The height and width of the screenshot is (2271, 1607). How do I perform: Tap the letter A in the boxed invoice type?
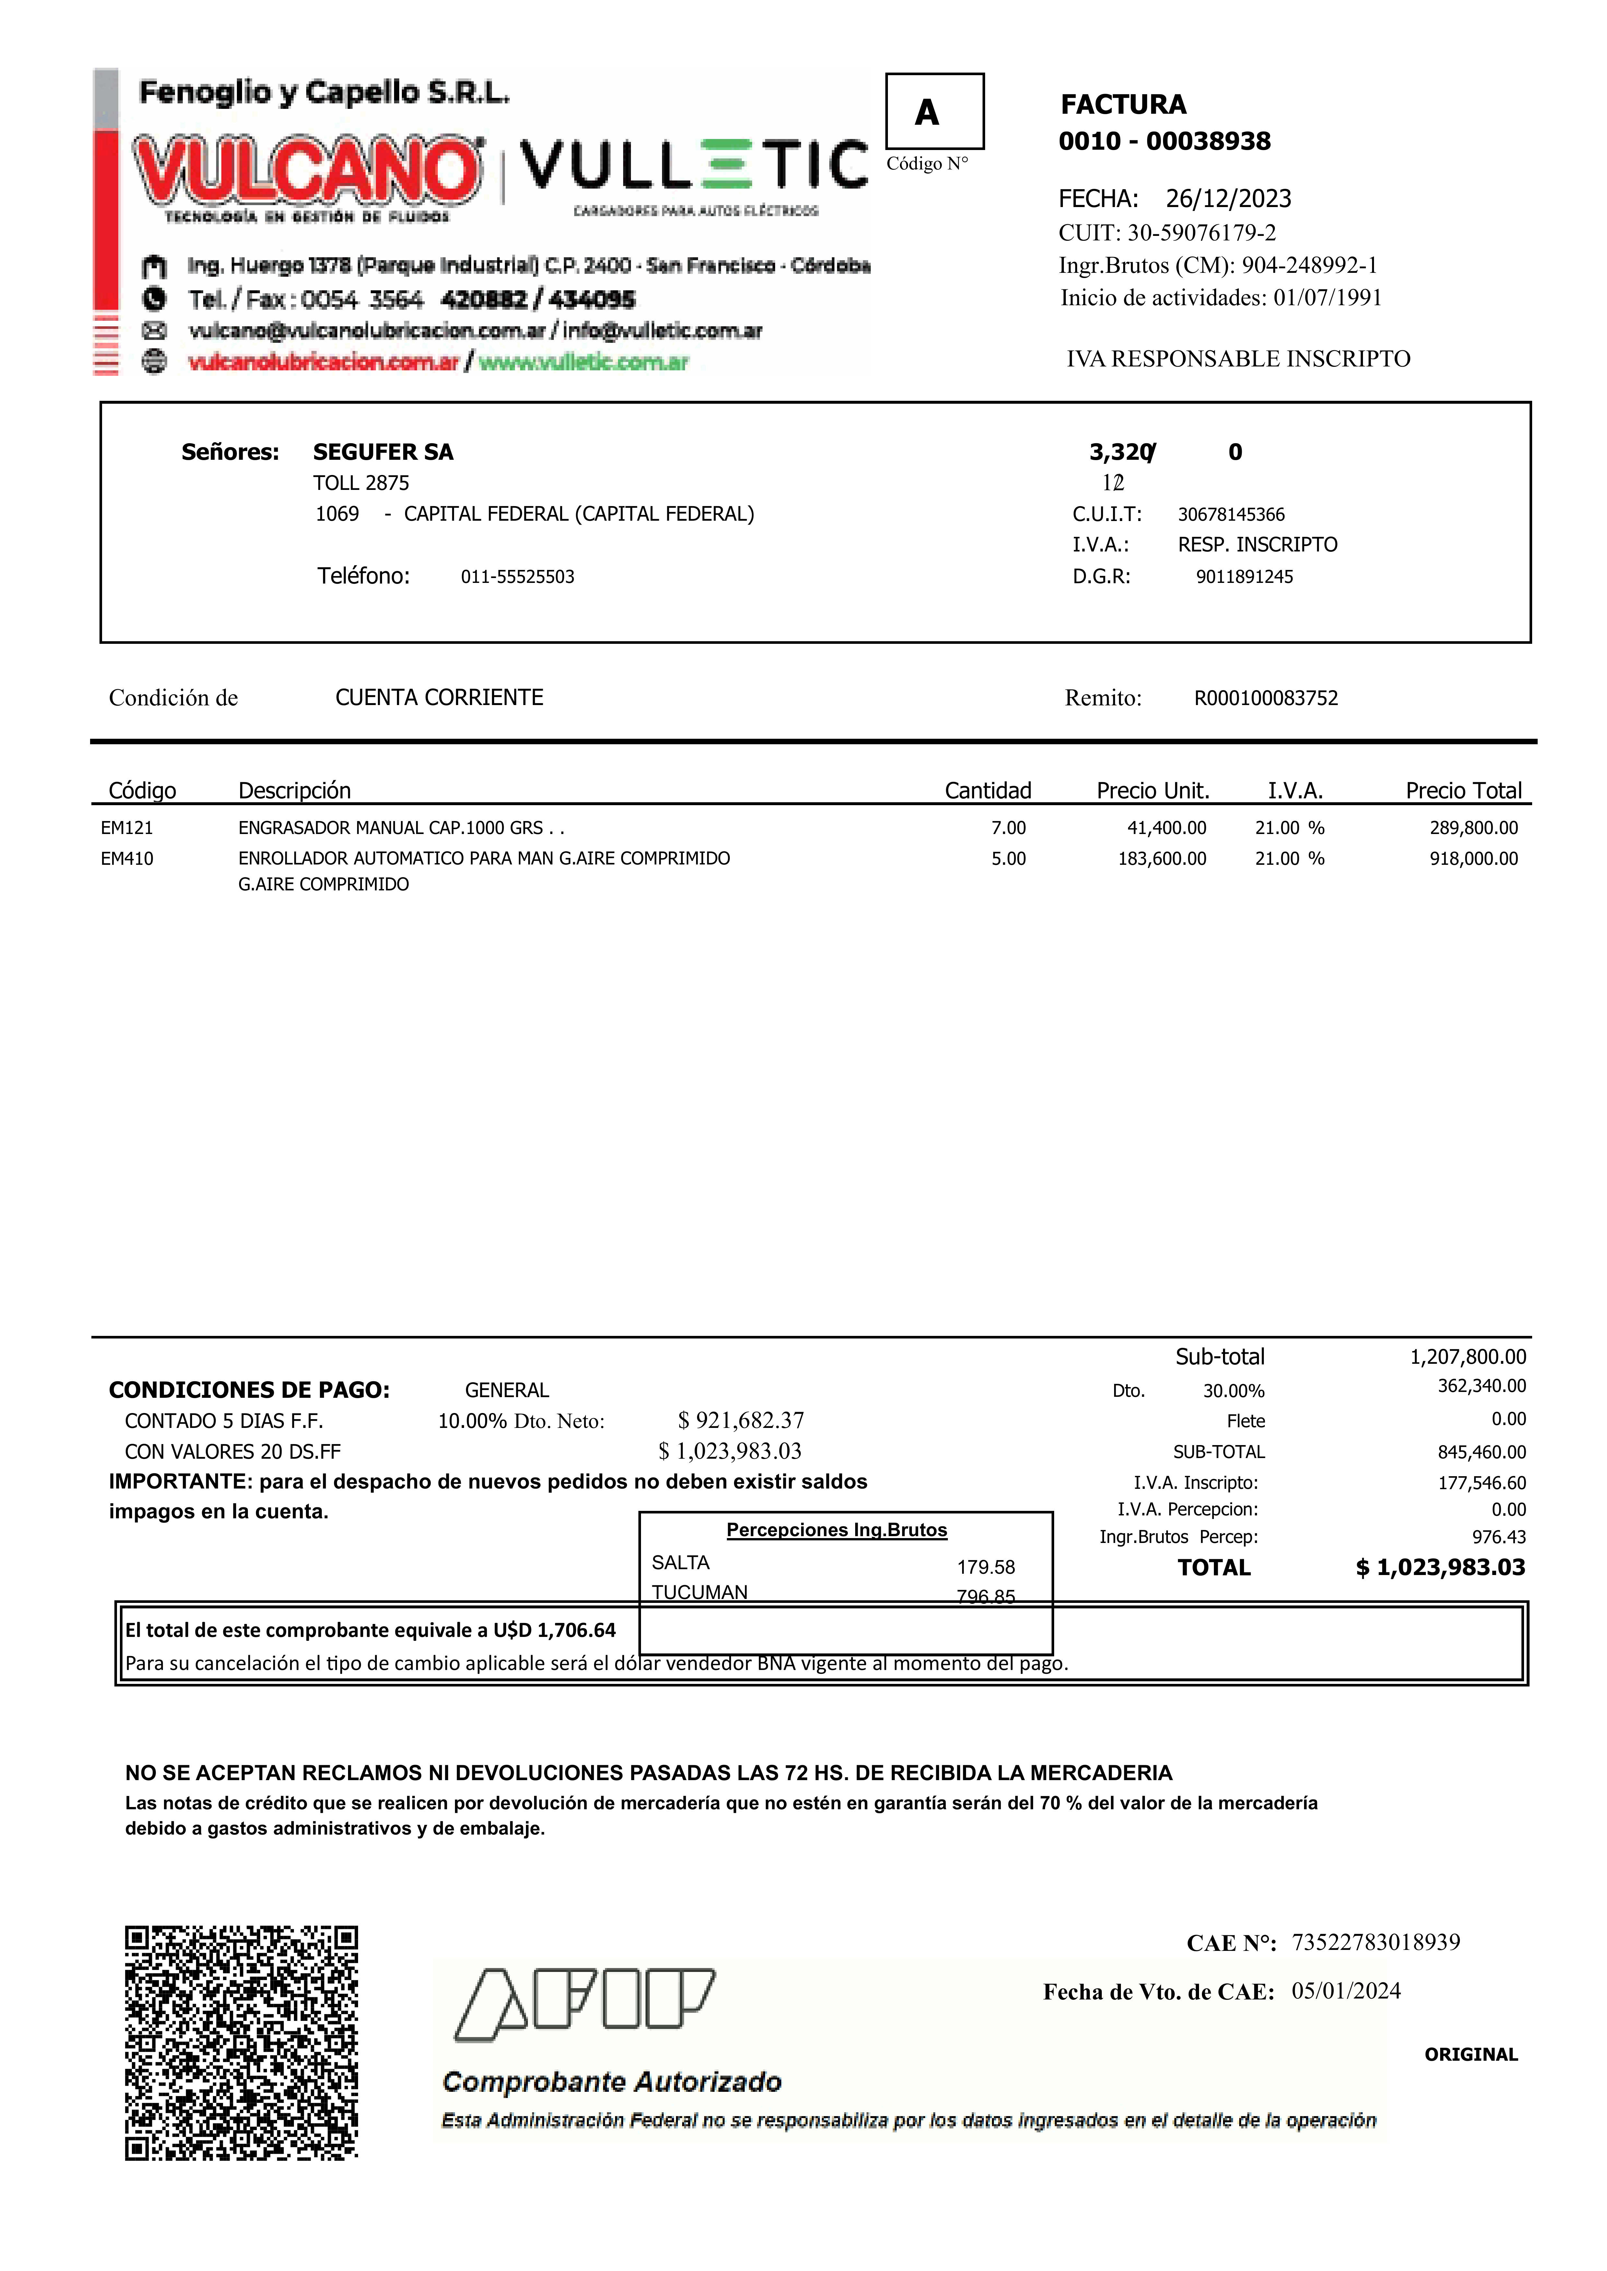click(x=926, y=113)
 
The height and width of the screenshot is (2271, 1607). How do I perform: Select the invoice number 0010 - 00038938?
click(x=1165, y=142)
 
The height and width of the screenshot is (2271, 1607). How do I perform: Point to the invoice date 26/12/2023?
click(x=1228, y=199)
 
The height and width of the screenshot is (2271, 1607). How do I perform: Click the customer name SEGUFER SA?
click(x=383, y=452)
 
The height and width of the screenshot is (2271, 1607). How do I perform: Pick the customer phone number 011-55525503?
click(x=518, y=577)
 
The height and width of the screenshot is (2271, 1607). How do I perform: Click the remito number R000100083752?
click(x=1266, y=698)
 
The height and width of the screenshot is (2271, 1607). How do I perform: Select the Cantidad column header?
click(x=987, y=790)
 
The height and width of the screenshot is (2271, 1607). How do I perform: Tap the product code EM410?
click(x=127, y=859)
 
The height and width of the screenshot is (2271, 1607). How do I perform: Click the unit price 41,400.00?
click(x=1167, y=828)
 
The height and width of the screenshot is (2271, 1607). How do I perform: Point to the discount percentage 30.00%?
click(x=1233, y=1391)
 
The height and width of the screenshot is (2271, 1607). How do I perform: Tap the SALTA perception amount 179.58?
click(x=985, y=1567)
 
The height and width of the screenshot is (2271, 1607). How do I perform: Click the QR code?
click(x=241, y=2043)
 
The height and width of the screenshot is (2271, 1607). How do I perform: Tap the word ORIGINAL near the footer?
click(x=1471, y=2054)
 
